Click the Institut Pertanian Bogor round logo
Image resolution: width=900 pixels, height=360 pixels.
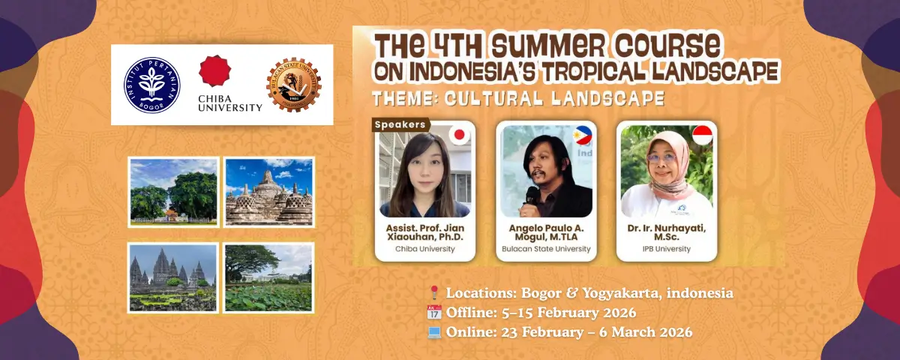pos(151,84)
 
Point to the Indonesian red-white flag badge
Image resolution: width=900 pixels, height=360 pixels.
pos(702,136)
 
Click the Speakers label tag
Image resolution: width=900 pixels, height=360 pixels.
pos(400,124)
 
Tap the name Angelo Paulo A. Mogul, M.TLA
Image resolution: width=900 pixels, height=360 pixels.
pos(546,232)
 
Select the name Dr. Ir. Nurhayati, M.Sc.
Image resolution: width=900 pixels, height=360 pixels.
pos(666,232)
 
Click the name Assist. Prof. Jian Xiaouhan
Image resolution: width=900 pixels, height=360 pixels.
pos(425,232)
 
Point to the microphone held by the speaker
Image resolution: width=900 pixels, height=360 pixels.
pos(530,196)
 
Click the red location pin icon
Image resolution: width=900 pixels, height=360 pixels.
pos(434,293)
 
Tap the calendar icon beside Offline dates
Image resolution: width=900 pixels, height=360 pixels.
pos(434,312)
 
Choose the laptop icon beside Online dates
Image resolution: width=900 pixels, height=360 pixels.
pos(434,331)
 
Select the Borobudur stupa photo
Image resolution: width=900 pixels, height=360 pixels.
pos(268,191)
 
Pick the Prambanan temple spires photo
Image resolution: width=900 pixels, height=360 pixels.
pos(172,277)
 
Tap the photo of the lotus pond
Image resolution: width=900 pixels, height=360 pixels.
pos(268,277)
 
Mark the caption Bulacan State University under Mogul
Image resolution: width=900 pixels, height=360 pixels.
pos(546,249)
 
